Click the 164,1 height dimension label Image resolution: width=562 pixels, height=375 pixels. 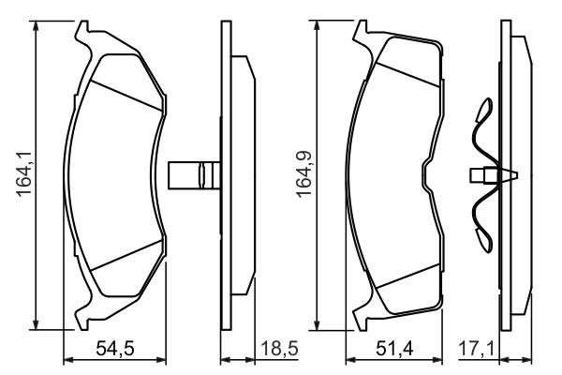[24, 173]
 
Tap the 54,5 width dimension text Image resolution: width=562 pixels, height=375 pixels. [115, 349]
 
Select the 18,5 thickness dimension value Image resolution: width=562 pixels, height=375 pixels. [279, 349]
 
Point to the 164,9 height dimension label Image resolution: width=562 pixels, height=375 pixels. [304, 174]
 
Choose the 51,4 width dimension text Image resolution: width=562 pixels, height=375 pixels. [394, 349]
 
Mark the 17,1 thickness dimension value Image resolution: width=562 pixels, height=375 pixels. [477, 349]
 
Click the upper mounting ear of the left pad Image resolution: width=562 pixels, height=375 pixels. [82, 32]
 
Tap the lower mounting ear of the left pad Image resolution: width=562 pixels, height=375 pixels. [82, 319]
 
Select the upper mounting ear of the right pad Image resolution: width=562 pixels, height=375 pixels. [361, 31]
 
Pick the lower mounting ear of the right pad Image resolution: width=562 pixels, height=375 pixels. [361, 319]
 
